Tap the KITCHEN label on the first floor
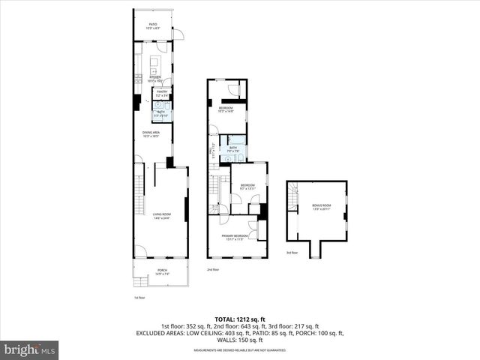[x=155, y=76]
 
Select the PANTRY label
[x=161, y=93]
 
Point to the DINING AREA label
[x=154, y=134]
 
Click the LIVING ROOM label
[x=161, y=216]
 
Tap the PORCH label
[x=162, y=271]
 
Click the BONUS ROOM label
[x=322, y=206]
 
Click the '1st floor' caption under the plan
[x=139, y=297]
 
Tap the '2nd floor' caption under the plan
[x=213, y=268]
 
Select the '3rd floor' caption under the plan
[x=292, y=253]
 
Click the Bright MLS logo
[x=30, y=349]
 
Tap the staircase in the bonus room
[x=293, y=190]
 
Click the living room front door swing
[x=140, y=253]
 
